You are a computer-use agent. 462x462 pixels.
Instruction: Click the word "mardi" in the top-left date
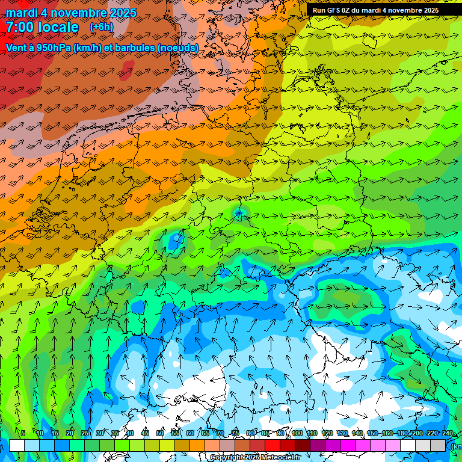21,13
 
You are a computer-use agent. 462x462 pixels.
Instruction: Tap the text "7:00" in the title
20,27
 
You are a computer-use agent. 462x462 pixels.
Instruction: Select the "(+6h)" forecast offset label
101,27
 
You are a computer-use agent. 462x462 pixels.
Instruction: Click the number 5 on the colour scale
23,433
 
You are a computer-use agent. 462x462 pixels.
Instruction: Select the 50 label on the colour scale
160,433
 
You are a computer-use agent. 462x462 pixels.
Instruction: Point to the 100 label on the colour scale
297,433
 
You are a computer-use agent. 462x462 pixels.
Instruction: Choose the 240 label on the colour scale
448,433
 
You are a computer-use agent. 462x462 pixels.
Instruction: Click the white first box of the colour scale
17,445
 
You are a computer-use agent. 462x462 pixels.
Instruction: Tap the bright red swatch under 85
273,445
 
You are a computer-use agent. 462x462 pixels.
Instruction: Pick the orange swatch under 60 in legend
198,445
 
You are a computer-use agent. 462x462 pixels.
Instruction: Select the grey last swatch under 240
439,445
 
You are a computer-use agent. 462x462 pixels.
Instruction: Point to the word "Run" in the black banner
319,10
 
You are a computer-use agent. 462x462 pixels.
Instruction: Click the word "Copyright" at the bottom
227,458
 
